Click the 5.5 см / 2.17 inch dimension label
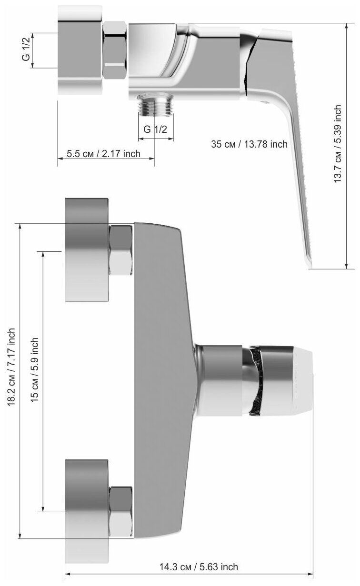coord(104,154)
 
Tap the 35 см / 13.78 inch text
coord(249,144)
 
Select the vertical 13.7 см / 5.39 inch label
coord(338,144)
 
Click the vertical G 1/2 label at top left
coord(26,50)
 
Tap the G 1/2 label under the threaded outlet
coord(155,129)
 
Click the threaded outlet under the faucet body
coord(155,105)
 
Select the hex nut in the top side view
coord(115,50)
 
